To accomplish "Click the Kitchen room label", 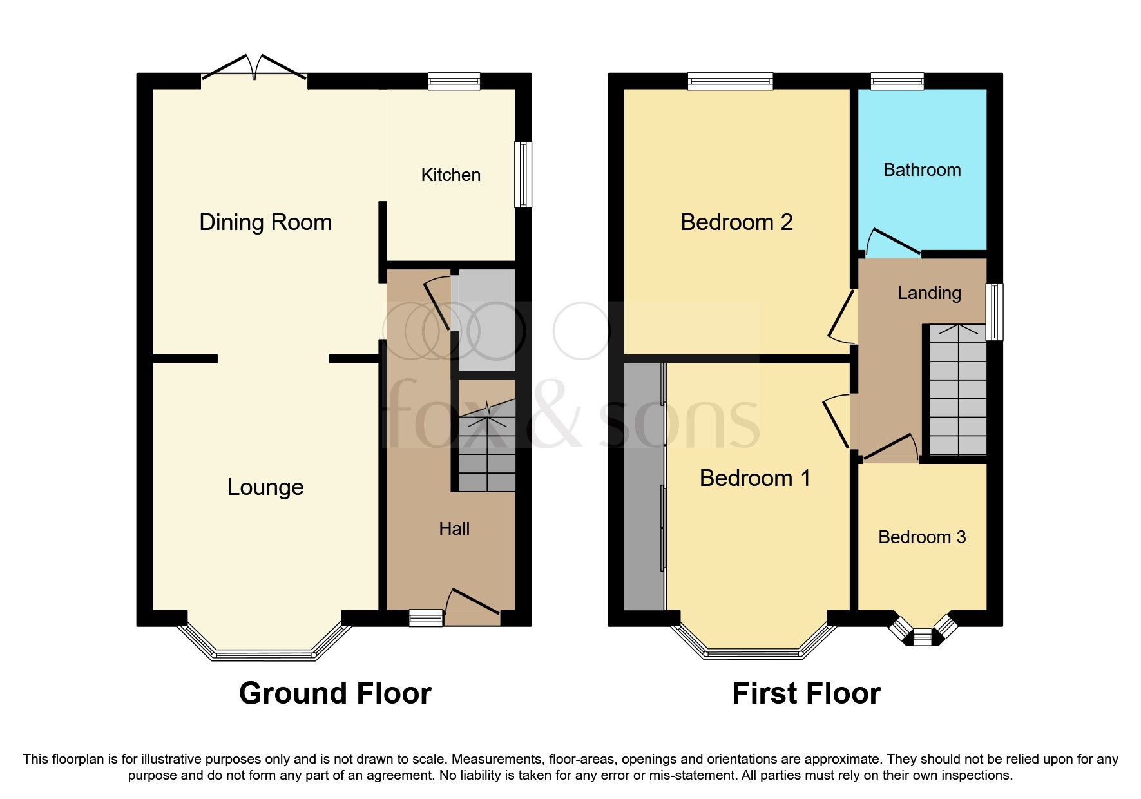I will coord(450,175).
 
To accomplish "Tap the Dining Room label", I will coord(265,222).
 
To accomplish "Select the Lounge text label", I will coord(265,487).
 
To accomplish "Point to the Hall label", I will coord(454,529).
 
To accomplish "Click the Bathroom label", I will coord(921,170).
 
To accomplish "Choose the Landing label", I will coord(929,293).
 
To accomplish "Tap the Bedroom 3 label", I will coord(921,537).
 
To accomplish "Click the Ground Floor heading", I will coord(335,694).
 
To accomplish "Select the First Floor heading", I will coord(806,694).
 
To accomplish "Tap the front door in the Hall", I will coord(472,606).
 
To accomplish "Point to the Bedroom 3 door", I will coord(891,447).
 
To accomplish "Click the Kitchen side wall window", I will coord(523,175).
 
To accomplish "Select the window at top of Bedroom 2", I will coord(729,81).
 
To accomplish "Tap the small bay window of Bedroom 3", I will coord(922,635).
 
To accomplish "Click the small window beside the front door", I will coord(427,619).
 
